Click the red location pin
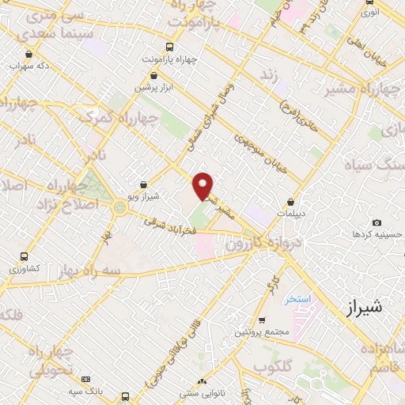pos(203,186)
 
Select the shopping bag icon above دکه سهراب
pos(29,55)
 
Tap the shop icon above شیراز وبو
pos(143,185)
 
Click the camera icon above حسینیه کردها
pos(377,223)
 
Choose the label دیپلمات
pos(292,214)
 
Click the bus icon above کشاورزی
pos(25,257)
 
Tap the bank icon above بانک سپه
pos(86,380)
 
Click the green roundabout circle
pos(120,208)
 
